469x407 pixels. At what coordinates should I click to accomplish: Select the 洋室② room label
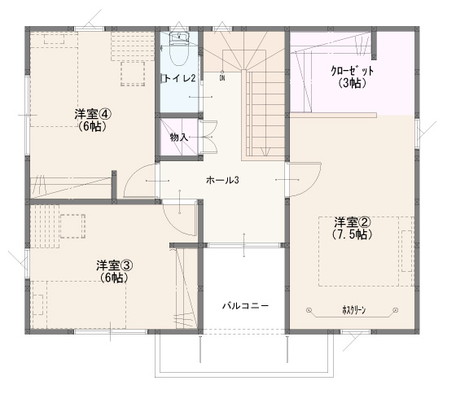pos(353,222)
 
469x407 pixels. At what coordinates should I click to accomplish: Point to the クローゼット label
pos(353,71)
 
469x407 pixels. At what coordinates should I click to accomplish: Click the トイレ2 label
pos(180,78)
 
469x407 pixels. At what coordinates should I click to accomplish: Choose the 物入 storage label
pos(179,138)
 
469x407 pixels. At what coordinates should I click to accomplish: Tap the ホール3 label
pos(222,181)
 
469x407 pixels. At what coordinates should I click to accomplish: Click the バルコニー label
pos(245,305)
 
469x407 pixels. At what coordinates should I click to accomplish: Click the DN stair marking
pos(222,78)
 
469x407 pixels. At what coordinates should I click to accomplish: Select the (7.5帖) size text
pos(353,234)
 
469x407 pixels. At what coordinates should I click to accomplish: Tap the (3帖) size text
pos(353,83)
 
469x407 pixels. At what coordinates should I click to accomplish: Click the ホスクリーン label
pos(354,310)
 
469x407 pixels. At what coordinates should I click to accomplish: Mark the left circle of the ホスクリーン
pos(309,310)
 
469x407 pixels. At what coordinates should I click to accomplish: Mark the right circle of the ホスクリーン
pos(396,310)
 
